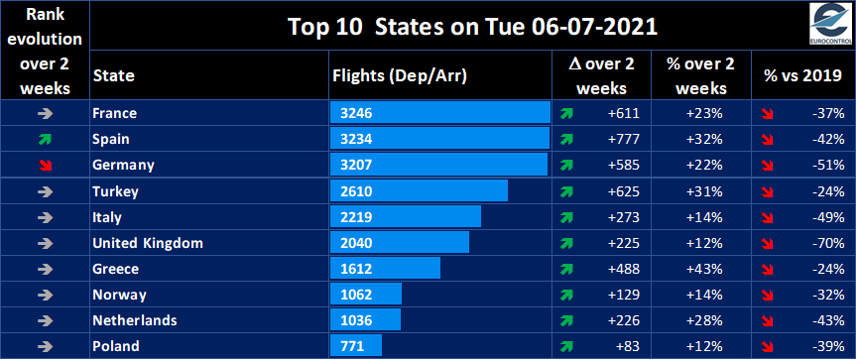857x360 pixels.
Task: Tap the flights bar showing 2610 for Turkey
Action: tap(418, 190)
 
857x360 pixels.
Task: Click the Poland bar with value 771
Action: tap(354, 346)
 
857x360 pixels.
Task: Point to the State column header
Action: tap(113, 75)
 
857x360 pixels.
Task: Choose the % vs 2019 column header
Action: tap(800, 75)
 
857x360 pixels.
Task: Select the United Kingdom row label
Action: tap(147, 243)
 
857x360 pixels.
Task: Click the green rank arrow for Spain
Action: tap(45, 139)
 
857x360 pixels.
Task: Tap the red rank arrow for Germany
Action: tap(45, 165)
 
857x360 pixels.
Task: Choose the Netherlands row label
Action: tap(134, 320)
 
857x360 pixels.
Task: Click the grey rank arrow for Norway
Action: tap(45, 295)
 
